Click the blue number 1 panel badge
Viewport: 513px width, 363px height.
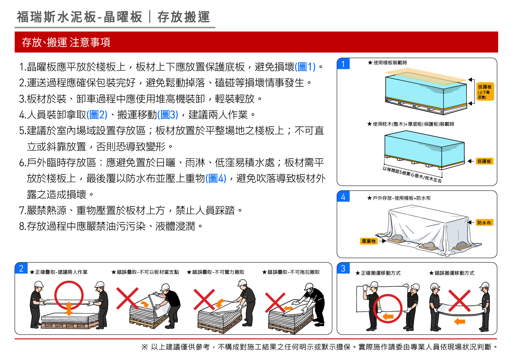(x=343, y=64)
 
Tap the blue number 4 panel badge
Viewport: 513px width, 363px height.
(x=343, y=196)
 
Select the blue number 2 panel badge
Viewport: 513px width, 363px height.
(x=21, y=268)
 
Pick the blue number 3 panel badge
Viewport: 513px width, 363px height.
(x=343, y=268)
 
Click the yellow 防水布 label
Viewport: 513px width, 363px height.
(x=484, y=223)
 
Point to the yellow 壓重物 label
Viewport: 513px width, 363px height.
(x=369, y=241)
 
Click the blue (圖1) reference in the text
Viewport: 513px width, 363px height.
(x=305, y=67)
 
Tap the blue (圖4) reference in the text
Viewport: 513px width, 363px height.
(x=216, y=178)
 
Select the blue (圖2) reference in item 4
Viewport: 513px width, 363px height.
(x=97, y=114)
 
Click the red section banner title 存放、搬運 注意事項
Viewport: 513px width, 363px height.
(x=66, y=42)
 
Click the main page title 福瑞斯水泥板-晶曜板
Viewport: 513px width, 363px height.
(x=80, y=17)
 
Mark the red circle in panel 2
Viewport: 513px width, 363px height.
(x=69, y=282)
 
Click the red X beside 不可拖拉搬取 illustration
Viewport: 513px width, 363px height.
(x=275, y=302)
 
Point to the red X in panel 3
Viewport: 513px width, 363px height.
(x=459, y=301)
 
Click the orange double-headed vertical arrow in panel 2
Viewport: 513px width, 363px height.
(x=69, y=308)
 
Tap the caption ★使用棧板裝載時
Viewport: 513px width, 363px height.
(x=387, y=62)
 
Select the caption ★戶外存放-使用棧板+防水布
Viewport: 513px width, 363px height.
(x=399, y=198)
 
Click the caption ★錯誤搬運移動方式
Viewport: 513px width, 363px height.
(x=452, y=273)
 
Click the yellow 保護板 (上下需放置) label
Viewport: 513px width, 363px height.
(x=485, y=91)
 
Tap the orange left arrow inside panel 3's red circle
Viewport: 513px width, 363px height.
(x=388, y=316)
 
